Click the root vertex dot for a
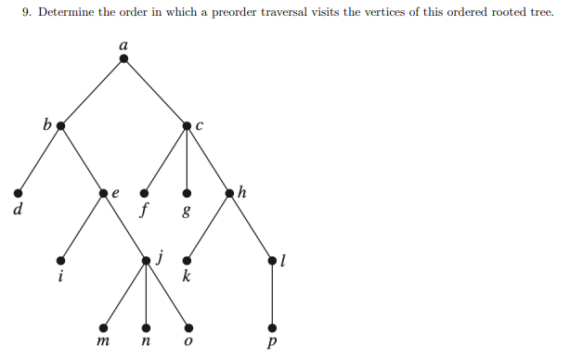pos(124,58)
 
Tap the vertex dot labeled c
pos(188,125)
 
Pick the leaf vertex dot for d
pos(17,193)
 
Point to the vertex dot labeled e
pos(103,193)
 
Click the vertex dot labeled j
pos(146,261)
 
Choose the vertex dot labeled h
pos(230,193)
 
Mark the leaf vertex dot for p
pos(273,328)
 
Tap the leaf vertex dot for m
pos(103,328)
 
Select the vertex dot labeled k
pos(188,261)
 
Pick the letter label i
pos(60,276)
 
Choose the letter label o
pos(188,344)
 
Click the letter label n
pos(146,344)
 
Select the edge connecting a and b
pos(93,92)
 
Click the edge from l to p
pos(273,295)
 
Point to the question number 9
pos(26,14)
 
